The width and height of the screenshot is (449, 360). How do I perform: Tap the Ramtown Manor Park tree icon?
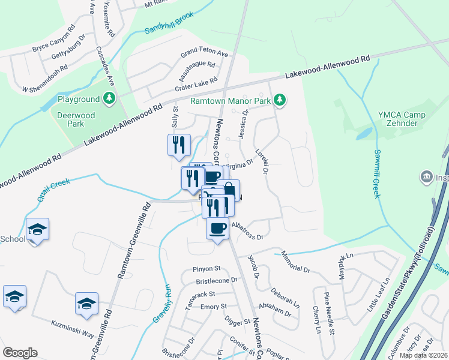[x=279, y=101]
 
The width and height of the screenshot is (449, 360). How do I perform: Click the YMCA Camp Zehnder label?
[x=402, y=119]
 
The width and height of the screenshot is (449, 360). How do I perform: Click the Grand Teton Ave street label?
[x=205, y=53]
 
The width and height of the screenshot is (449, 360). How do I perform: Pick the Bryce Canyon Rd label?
[x=53, y=37]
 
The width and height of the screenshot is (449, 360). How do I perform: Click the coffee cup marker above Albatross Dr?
[x=217, y=228]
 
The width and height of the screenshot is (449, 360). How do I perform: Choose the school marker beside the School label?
[x=37, y=230]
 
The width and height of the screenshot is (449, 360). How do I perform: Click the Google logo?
[x=20, y=353]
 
